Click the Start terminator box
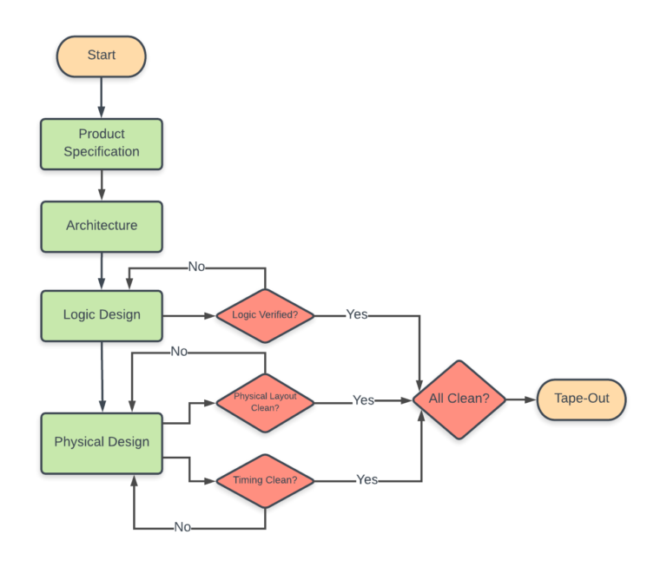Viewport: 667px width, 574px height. coord(102,56)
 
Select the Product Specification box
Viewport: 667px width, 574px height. coord(102,143)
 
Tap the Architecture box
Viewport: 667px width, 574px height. coord(102,226)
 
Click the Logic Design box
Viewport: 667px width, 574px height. coord(102,315)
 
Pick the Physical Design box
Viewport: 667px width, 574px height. coord(102,442)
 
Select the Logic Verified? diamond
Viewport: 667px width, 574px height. coord(265,315)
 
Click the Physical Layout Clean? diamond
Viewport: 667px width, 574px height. coord(265,401)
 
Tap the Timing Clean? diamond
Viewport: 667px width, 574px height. coord(265,480)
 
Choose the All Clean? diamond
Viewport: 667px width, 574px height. coord(458,399)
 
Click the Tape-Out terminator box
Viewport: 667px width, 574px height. coord(581,399)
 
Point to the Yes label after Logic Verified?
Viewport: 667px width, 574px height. coord(357,314)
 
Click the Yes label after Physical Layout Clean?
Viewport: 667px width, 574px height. coord(363,400)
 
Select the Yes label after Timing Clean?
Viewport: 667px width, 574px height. coord(367,480)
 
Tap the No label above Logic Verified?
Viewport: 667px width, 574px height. coord(196,267)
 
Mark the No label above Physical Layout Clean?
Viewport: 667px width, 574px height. coord(179,352)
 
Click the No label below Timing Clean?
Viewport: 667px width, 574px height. coord(182,527)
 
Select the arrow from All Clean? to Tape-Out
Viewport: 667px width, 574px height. coord(521,399)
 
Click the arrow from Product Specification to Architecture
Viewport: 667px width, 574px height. coord(102,185)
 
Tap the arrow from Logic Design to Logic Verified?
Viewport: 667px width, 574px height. coord(188,315)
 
